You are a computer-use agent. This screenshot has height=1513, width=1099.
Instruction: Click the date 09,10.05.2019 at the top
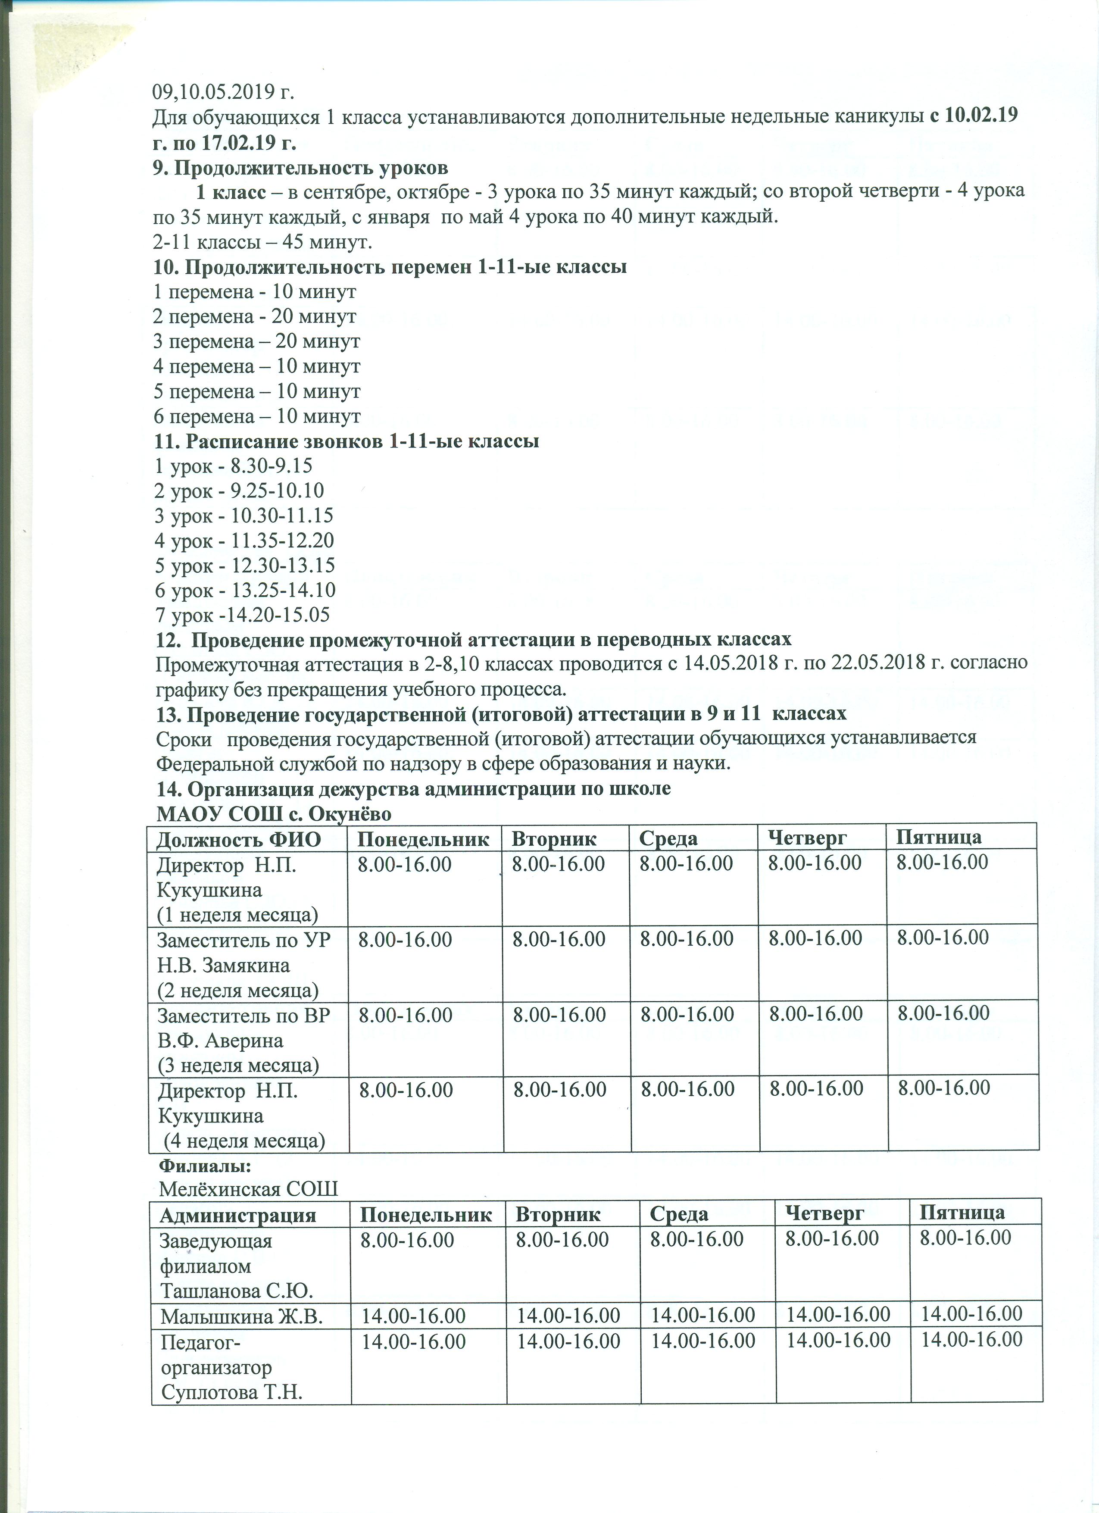[x=223, y=91]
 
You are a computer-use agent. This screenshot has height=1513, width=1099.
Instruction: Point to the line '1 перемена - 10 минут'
[x=255, y=291]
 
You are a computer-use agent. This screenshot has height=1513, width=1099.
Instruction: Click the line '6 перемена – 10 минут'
[x=257, y=416]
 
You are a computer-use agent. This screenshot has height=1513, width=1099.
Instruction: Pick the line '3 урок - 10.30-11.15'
[x=244, y=516]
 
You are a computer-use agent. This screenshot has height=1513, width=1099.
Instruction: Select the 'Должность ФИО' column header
[x=239, y=839]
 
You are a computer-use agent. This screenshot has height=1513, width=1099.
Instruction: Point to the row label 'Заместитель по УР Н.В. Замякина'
[x=244, y=953]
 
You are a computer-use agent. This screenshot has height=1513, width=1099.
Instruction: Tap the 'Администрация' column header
[x=237, y=1214]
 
